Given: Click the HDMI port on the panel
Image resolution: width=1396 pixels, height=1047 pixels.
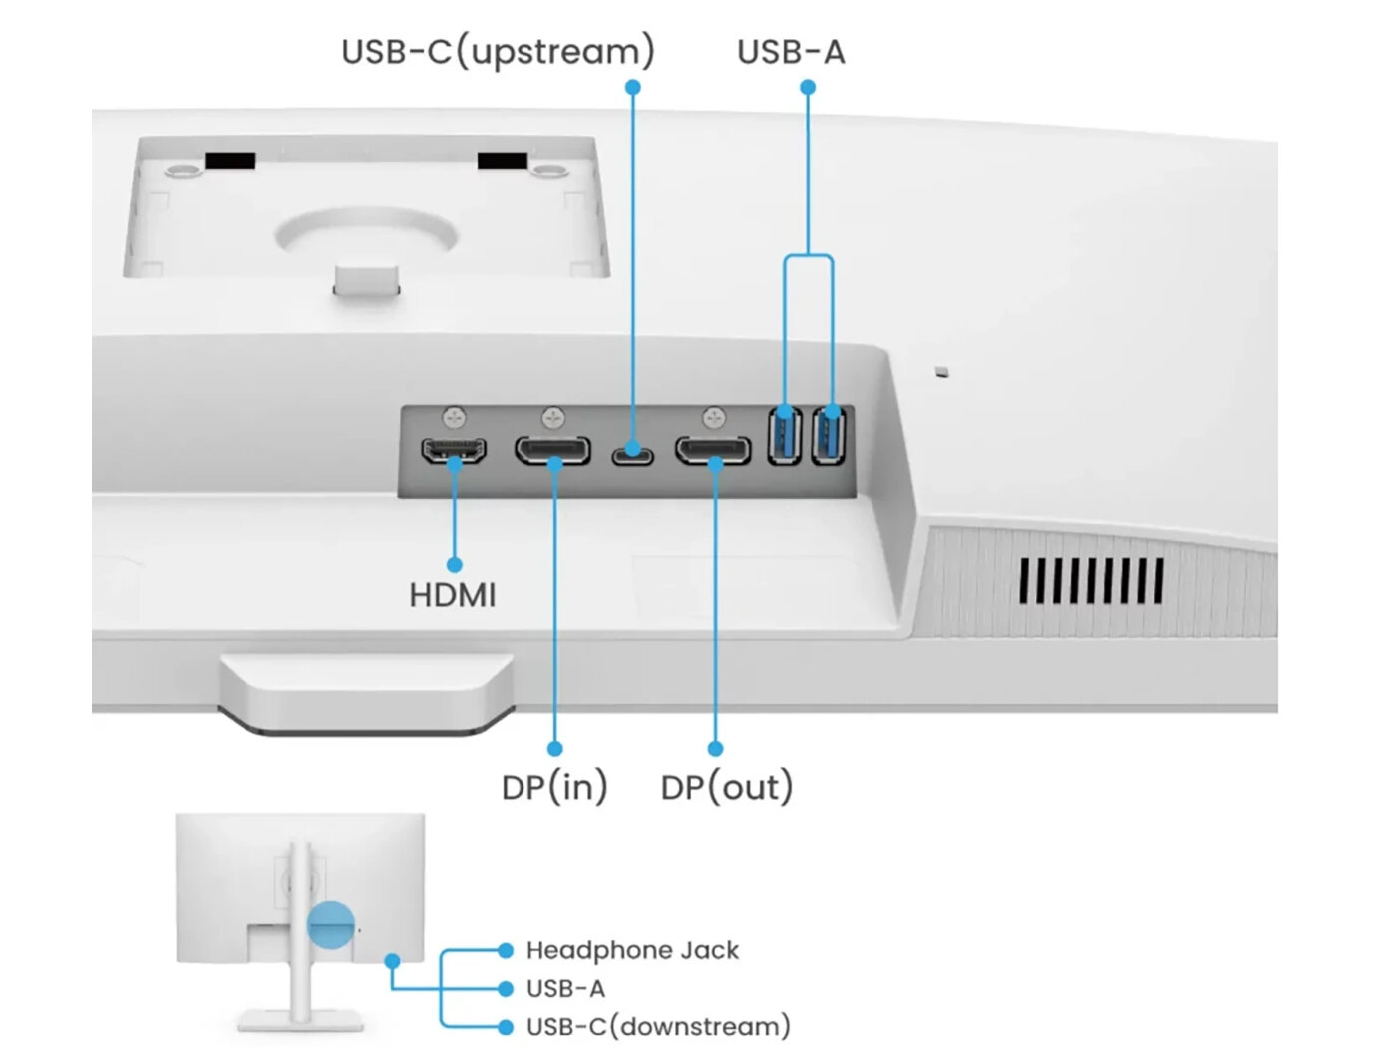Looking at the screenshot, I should click(455, 451).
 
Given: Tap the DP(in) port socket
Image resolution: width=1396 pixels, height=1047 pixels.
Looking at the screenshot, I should click(552, 451).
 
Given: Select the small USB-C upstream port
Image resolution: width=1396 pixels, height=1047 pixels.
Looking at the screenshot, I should click(632, 455).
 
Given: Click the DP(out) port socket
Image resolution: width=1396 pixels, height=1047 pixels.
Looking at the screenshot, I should click(713, 451).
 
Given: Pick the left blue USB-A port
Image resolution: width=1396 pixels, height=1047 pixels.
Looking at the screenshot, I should click(785, 436).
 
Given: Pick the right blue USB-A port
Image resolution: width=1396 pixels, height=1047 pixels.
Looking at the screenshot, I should click(829, 436).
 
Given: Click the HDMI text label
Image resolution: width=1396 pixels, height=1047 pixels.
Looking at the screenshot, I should click(452, 595).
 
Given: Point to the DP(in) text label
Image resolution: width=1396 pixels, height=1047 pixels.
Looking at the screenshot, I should click(554, 787).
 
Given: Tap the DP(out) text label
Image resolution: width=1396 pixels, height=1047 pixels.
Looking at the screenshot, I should click(727, 787).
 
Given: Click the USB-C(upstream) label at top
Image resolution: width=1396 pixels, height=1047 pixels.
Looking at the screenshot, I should click(498, 51).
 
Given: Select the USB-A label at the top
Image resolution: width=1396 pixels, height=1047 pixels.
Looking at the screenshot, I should click(791, 51).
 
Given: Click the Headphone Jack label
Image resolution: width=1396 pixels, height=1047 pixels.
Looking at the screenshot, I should click(632, 950).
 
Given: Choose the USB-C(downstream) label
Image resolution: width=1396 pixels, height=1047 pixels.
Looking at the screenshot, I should click(658, 1026).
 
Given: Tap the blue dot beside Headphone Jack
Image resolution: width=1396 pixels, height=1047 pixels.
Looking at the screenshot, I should click(506, 950).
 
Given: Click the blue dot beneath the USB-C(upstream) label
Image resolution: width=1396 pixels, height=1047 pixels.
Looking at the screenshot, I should click(632, 87).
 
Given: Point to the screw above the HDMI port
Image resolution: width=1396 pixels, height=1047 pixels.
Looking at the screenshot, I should click(455, 414).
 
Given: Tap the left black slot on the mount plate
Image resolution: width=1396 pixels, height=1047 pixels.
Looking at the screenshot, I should click(230, 161).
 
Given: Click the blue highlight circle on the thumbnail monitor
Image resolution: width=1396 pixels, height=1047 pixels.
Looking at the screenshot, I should click(331, 924).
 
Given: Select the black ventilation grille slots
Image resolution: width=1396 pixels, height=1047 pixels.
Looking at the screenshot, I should click(1091, 581).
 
